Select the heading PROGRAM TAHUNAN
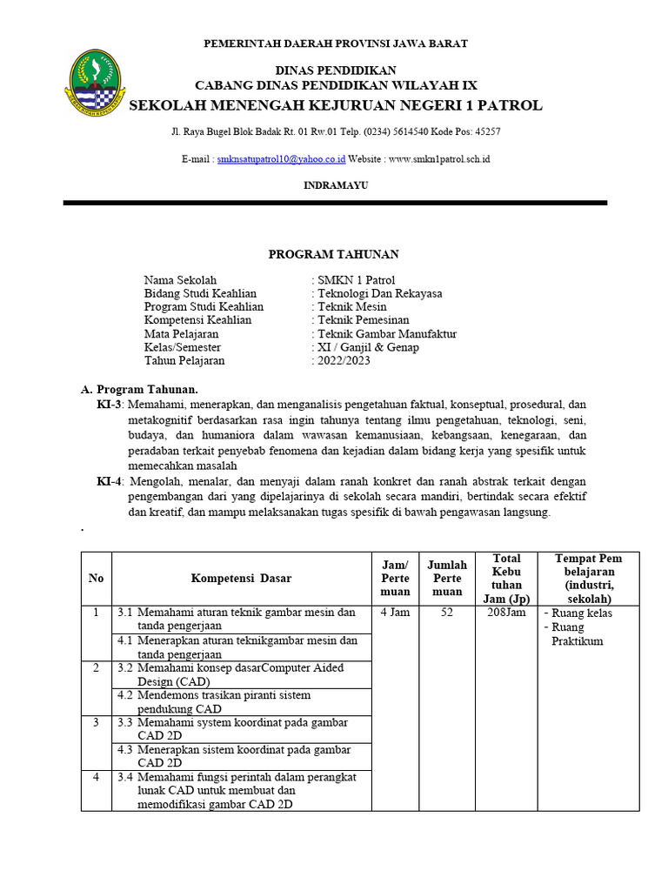pos(333,254)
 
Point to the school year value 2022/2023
pos(344,361)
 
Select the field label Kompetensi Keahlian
pos(197,320)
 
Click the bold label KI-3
pos(110,405)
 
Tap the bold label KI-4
pos(110,481)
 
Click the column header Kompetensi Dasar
pos(241,578)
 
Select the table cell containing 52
pos(447,613)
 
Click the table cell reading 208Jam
pos(505,613)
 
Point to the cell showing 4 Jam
pos(394,613)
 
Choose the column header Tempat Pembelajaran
pos(590,578)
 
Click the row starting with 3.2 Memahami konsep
pos(241,674)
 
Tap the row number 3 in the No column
pos(96,722)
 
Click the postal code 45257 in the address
pos(485,131)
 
